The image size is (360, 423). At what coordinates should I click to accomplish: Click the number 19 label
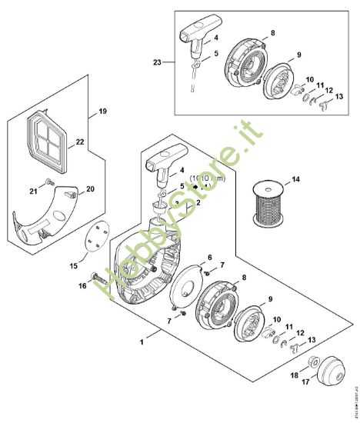click(x=102, y=112)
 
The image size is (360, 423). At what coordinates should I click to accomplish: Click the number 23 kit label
click(x=158, y=62)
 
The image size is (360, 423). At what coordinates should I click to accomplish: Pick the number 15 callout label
click(x=75, y=265)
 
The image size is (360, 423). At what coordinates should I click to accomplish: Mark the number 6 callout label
click(x=209, y=257)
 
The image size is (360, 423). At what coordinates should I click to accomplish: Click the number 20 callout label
click(x=90, y=189)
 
